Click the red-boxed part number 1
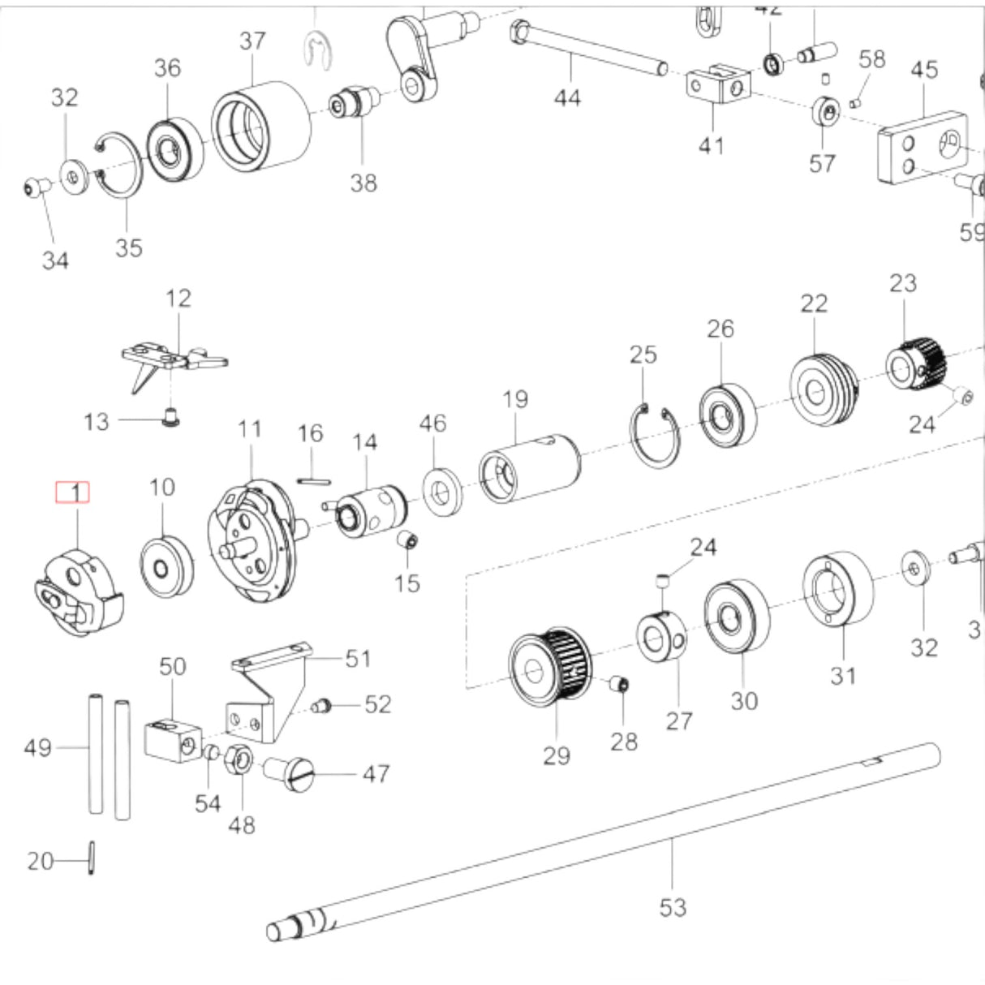point(72,492)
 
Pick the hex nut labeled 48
point(240,759)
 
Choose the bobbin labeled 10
point(167,566)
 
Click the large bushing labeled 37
point(262,127)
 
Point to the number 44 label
point(567,98)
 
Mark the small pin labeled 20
point(92,858)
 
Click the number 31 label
point(843,675)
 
